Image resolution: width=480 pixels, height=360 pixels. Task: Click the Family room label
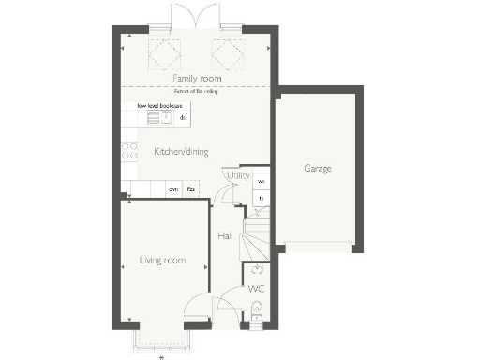tap(196, 79)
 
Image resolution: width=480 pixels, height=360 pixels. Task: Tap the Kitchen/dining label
tap(174, 151)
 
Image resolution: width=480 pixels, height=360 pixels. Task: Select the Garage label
tap(317, 169)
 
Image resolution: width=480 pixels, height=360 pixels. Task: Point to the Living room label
tap(162, 260)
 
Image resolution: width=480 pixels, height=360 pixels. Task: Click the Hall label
tap(225, 236)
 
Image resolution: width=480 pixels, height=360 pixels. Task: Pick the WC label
tap(257, 289)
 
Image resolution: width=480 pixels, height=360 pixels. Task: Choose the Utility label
tap(238, 175)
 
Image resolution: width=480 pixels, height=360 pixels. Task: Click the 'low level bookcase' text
tap(159, 106)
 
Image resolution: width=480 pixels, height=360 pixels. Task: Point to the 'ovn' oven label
tap(173, 190)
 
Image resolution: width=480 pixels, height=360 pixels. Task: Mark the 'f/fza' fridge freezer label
tap(190, 190)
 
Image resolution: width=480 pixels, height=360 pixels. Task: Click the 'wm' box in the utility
tap(262, 181)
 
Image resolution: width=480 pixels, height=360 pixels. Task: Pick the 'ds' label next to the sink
tap(183, 118)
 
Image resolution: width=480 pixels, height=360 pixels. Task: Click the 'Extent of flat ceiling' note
tap(195, 91)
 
